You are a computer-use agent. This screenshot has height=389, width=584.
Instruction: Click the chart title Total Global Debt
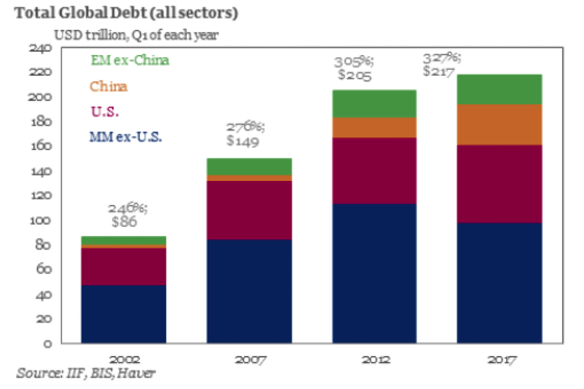click(x=123, y=12)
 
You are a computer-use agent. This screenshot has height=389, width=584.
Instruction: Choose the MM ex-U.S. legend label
click(x=123, y=136)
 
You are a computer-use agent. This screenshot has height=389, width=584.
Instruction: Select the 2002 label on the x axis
click(x=123, y=360)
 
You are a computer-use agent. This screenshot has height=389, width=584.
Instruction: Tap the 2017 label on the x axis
click(x=500, y=360)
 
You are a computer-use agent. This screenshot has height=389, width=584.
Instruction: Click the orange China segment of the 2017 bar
click(x=499, y=125)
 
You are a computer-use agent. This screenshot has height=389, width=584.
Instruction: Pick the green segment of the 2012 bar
click(x=374, y=104)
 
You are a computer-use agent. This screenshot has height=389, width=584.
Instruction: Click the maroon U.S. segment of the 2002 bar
click(x=123, y=266)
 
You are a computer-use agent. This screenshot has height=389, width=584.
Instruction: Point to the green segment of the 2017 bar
click(x=499, y=89)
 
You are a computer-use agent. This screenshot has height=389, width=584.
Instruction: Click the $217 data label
click(x=439, y=72)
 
